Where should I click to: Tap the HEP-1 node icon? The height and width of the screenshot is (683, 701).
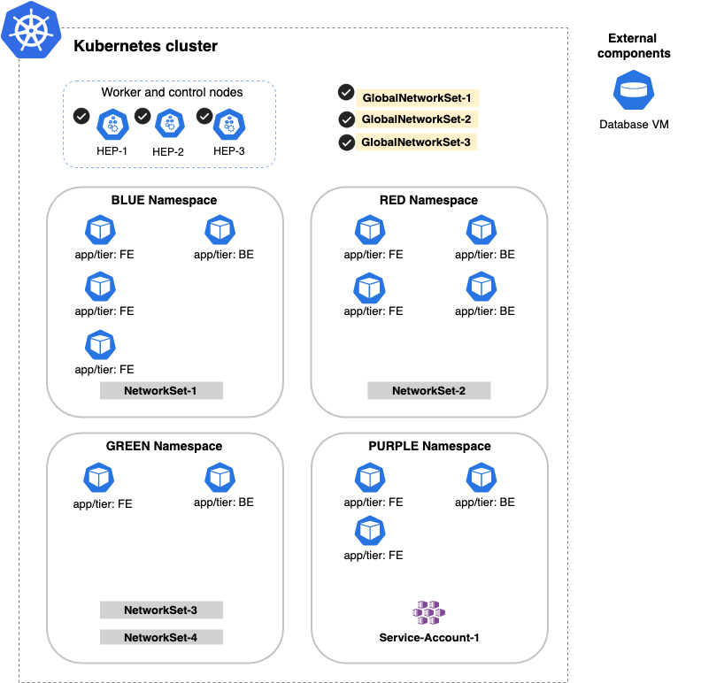tap(112, 125)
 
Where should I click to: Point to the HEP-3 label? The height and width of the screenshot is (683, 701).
tap(228, 151)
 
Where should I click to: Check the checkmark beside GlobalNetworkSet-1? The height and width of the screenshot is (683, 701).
tap(346, 93)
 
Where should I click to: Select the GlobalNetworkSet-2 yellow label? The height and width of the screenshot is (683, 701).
tap(416, 119)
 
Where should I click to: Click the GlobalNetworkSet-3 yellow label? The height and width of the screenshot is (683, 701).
tap(416, 142)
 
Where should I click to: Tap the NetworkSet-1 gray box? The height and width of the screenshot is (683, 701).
tap(160, 391)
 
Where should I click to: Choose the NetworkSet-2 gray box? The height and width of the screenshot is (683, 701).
tap(428, 391)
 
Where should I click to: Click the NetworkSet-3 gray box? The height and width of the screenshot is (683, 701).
tap(160, 610)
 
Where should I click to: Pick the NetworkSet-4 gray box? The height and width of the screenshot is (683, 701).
tap(160, 637)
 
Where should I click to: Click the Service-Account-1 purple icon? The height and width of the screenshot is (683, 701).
tap(428, 611)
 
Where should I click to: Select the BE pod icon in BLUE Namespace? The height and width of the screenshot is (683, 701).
tap(220, 231)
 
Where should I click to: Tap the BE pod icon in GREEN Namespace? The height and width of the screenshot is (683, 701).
tap(220, 479)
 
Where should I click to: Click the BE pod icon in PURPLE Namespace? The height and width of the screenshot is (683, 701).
tap(481, 479)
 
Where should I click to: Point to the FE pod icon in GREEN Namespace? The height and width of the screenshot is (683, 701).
tap(100, 479)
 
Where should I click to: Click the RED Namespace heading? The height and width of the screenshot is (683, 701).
tap(428, 200)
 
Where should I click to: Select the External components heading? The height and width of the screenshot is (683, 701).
tap(633, 46)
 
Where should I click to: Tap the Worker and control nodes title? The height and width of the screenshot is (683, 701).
tap(172, 92)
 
